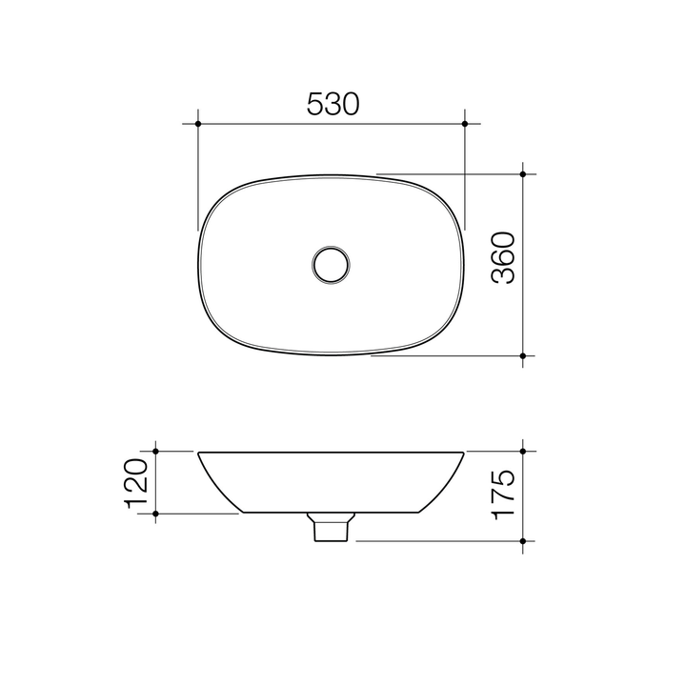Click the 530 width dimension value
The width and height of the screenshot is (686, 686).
click(333, 105)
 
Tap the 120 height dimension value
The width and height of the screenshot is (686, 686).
click(134, 482)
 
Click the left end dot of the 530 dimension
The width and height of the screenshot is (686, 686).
click(198, 124)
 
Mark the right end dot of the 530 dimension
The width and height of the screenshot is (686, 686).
click(465, 124)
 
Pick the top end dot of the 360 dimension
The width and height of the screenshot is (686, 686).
click(524, 174)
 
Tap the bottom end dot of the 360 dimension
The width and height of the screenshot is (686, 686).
click(524, 355)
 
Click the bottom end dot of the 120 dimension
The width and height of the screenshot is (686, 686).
click(155, 514)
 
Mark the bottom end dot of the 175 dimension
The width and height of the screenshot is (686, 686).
click(524, 540)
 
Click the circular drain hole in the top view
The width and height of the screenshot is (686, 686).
click(331, 264)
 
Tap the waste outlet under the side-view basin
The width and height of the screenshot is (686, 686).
click(331, 527)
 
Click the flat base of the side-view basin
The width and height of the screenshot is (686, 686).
click(286, 513)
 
